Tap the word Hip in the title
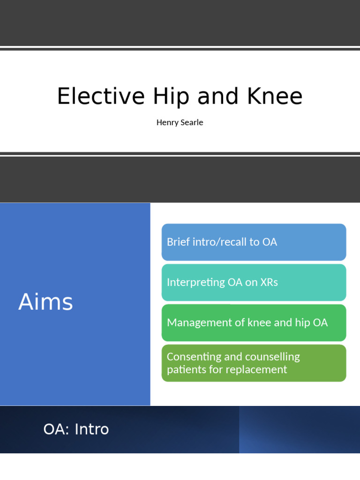coord(171,97)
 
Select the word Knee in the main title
coord(275,97)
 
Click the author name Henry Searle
coord(180,122)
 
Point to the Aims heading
coord(45,302)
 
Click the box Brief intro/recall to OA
coord(254,242)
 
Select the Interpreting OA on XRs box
coord(254,282)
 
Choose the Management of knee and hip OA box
coord(254,322)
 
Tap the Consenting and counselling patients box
coord(254,363)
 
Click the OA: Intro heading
coord(76,429)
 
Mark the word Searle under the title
coord(192,122)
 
